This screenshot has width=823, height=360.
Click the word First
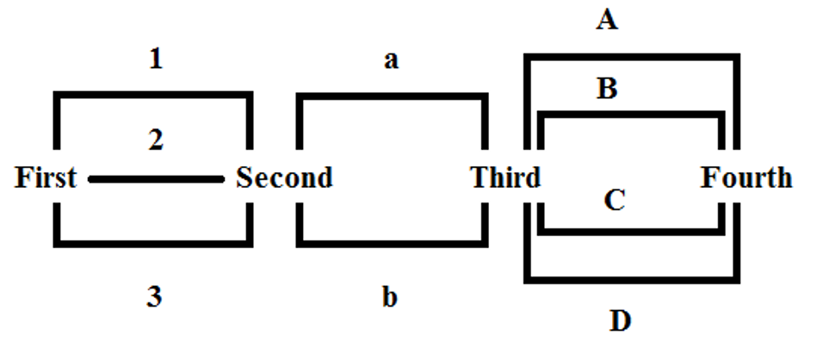46,178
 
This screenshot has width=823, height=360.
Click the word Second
284,178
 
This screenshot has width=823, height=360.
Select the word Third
506,178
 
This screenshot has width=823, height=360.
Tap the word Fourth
746,178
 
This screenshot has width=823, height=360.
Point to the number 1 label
156,60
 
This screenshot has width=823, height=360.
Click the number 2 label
156,140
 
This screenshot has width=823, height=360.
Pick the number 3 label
156,298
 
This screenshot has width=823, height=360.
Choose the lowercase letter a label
391,61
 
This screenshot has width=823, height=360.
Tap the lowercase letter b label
390,297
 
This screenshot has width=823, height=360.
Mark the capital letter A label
607,21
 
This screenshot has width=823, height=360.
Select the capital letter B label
607,89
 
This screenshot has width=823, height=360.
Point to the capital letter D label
620,321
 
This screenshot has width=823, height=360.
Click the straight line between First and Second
156,179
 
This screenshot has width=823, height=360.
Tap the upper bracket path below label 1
156,96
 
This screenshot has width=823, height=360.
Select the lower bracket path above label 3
156,239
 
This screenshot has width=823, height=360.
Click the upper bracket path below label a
391,97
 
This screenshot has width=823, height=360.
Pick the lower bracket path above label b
391,240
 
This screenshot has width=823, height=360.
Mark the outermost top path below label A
631,58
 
